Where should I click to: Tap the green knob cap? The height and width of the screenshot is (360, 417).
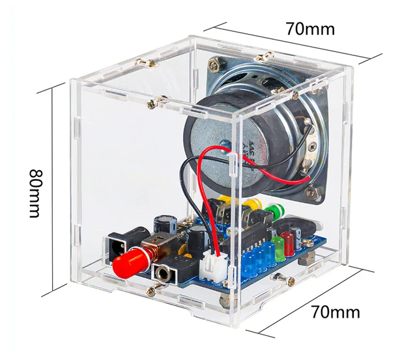pyautogui.click(x=273, y=212)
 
